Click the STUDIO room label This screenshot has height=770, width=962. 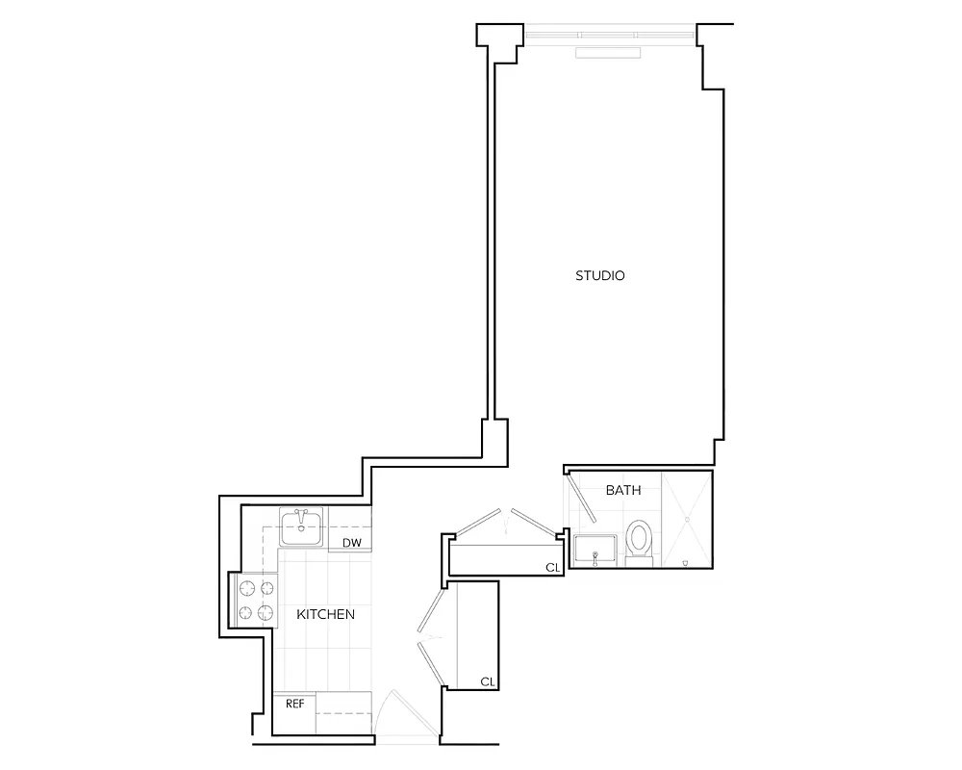(x=600, y=276)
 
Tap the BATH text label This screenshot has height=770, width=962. (x=622, y=491)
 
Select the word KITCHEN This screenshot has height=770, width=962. (x=325, y=614)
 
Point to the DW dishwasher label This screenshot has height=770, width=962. (x=352, y=544)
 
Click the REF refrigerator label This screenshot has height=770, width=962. (x=294, y=704)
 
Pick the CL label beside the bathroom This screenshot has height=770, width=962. (x=552, y=568)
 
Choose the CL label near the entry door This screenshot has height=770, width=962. (x=488, y=681)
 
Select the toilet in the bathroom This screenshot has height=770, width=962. (x=638, y=540)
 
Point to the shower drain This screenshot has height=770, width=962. (x=688, y=519)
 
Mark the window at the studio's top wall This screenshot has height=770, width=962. (x=610, y=36)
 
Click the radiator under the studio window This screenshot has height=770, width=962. (x=610, y=54)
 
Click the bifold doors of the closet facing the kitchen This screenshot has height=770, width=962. (x=428, y=635)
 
